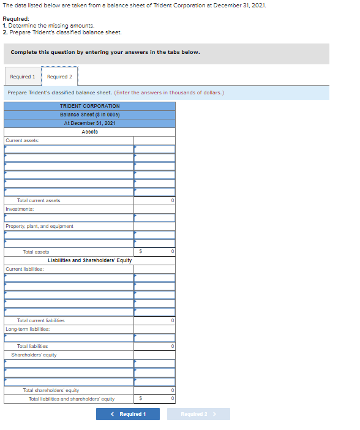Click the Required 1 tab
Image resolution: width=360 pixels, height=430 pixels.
22,77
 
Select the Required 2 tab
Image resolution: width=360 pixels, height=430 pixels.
59,77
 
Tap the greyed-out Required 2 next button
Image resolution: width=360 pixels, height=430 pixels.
198,414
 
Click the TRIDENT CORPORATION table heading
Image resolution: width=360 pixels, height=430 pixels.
89,106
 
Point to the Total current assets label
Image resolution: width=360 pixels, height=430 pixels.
39,200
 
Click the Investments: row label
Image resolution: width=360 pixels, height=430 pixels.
18,209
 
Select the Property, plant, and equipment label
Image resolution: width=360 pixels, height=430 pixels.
39,226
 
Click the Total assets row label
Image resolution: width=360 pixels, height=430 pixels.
36,252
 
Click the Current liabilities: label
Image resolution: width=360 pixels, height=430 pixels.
24,269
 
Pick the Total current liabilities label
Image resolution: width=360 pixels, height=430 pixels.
40,320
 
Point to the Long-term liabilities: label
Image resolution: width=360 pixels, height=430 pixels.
27,329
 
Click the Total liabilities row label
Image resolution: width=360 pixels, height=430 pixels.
32,346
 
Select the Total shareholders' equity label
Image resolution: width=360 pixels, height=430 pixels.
51,390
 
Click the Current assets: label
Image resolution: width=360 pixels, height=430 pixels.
22,140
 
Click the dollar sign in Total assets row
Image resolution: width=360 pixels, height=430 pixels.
141,252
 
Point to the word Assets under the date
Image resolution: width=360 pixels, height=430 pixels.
89,132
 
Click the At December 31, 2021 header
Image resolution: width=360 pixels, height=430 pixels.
89,123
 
